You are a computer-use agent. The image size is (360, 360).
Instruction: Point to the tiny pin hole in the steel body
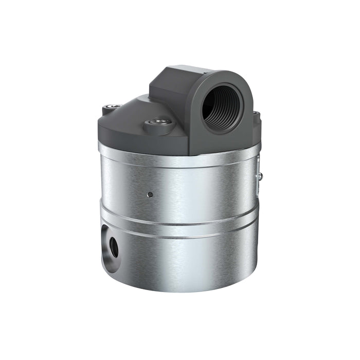pyautogui.click(x=149, y=194)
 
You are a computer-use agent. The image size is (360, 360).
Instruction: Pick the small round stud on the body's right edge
pyautogui.click(x=260, y=176)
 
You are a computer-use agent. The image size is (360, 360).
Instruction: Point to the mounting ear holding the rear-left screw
pyautogui.click(x=109, y=110)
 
